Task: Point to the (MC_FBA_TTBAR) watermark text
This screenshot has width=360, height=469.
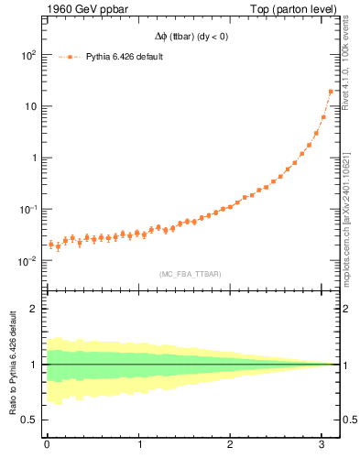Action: (x=190, y=273)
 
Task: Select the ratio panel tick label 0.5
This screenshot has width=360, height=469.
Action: (x=28, y=420)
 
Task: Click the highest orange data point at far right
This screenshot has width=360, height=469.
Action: (x=331, y=91)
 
